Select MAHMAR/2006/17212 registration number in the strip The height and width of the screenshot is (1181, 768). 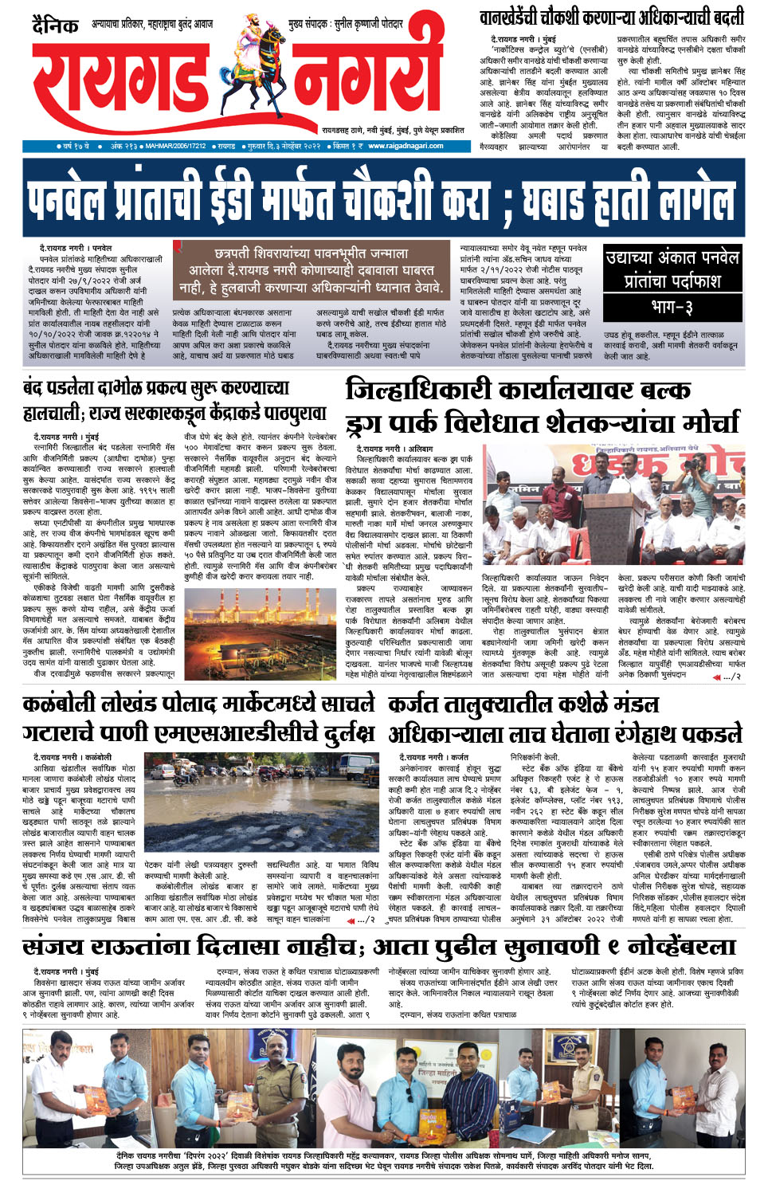(176, 147)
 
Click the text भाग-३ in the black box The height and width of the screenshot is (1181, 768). (672, 307)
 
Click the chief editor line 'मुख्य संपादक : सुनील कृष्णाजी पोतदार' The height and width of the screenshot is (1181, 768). (345, 25)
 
